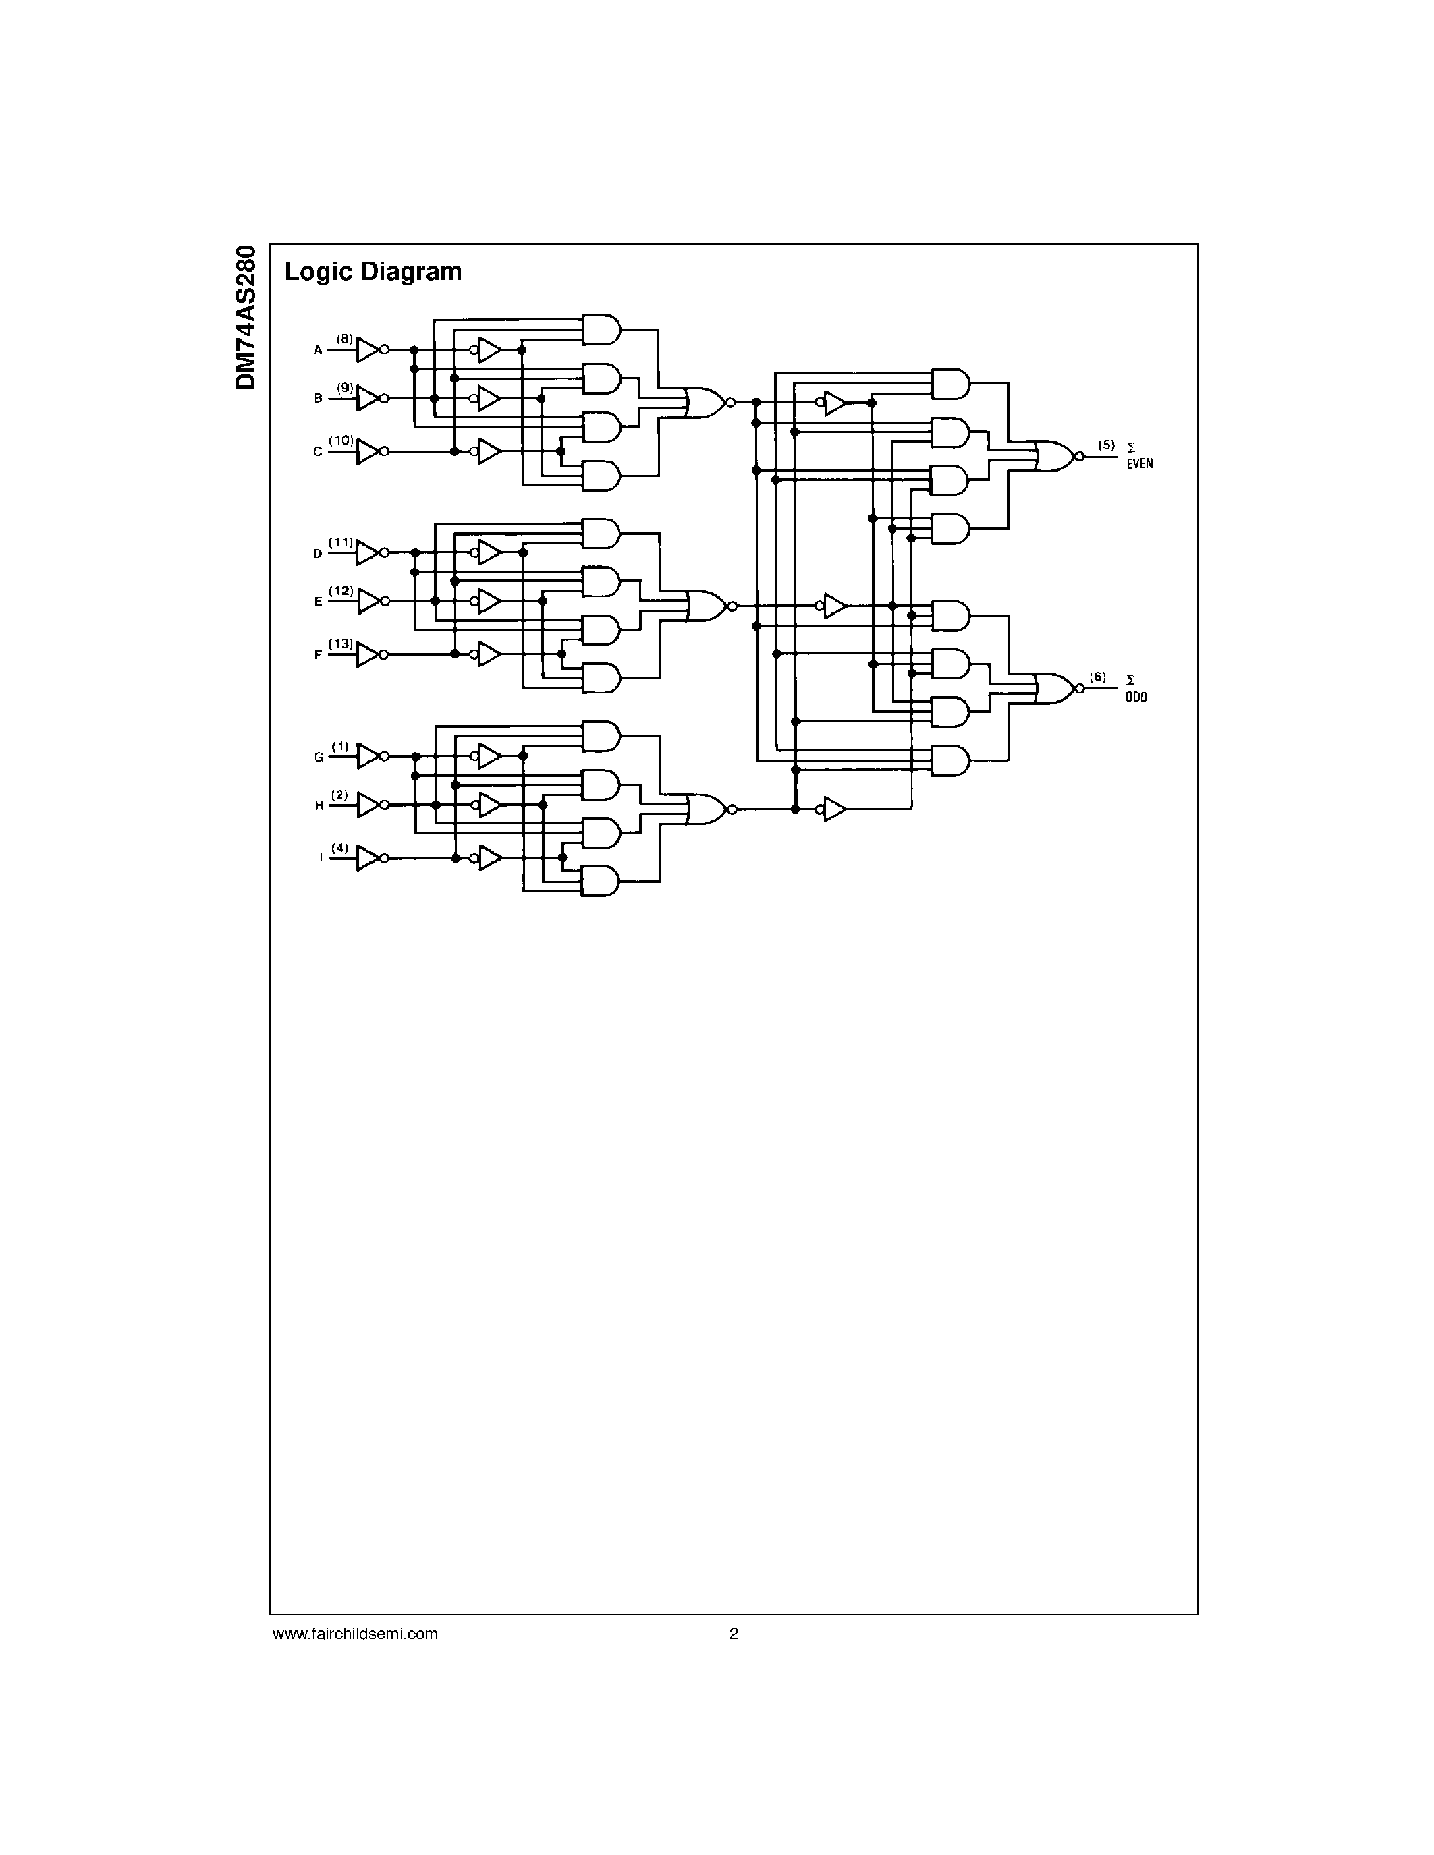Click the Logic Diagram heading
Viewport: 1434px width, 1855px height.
pyautogui.click(x=373, y=272)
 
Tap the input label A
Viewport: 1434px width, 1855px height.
pyautogui.click(x=319, y=350)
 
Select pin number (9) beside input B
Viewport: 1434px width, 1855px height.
pyautogui.click(x=344, y=387)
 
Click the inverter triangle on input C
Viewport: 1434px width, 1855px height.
pyautogui.click(x=368, y=451)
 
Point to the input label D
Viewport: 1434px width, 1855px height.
pyautogui.click(x=318, y=554)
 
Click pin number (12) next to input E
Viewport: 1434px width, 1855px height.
pyautogui.click(x=341, y=590)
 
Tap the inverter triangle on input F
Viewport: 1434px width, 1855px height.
pyautogui.click(x=368, y=655)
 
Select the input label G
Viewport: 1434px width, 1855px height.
pyautogui.click(x=319, y=757)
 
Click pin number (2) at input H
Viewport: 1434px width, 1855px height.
pyautogui.click(x=340, y=794)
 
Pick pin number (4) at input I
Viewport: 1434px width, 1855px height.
pyautogui.click(x=340, y=847)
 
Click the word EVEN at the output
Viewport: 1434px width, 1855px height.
pyautogui.click(x=1140, y=465)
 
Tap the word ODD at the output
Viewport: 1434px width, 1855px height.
pyautogui.click(x=1136, y=697)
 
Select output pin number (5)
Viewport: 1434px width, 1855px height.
pyautogui.click(x=1105, y=445)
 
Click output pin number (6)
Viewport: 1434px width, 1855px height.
pyautogui.click(x=1099, y=677)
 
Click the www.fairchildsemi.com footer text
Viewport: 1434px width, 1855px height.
pyautogui.click(x=355, y=1633)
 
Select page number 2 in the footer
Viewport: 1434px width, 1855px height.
pyautogui.click(x=734, y=1633)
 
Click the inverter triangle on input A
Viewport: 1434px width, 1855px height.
pyautogui.click(x=368, y=349)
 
